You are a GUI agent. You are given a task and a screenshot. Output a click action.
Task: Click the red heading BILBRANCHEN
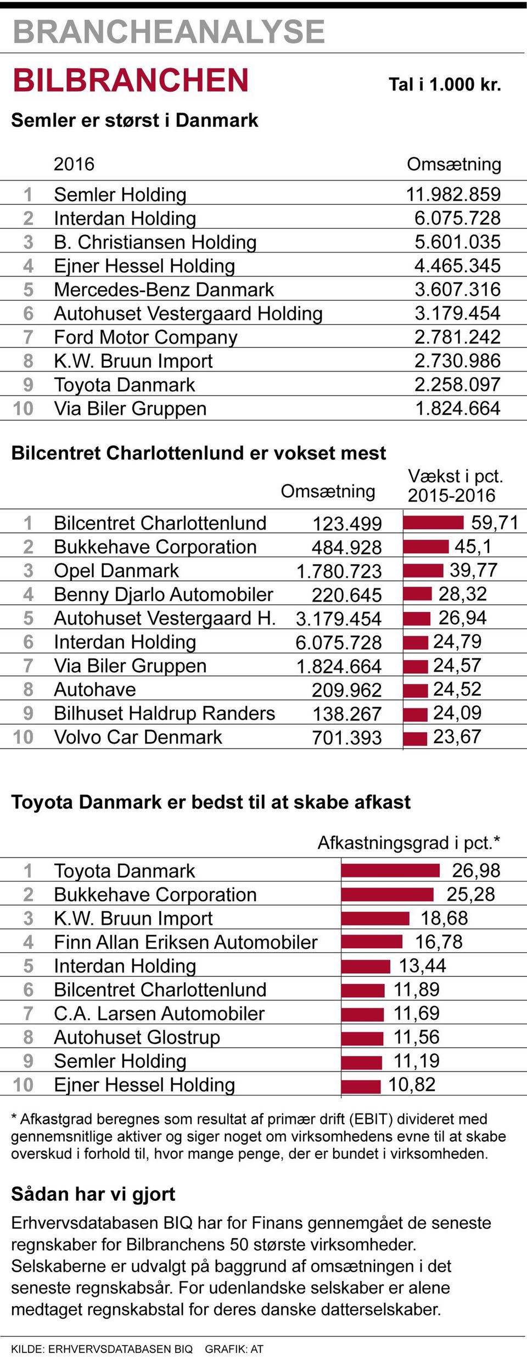(x=131, y=80)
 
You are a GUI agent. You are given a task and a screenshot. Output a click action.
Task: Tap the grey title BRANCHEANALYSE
(x=169, y=31)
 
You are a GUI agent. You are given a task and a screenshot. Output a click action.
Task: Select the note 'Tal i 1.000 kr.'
(x=445, y=85)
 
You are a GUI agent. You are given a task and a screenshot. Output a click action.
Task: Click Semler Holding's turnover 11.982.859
(x=453, y=194)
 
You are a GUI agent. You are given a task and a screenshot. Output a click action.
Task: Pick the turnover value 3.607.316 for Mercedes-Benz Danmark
(x=457, y=289)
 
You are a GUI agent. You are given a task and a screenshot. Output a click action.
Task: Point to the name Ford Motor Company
(x=145, y=337)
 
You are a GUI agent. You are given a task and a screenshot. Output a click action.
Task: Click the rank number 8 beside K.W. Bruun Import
(x=29, y=361)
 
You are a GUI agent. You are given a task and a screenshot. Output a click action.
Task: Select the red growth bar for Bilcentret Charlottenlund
(x=434, y=522)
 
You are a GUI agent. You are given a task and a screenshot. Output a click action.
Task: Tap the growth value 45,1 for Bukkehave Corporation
(x=473, y=547)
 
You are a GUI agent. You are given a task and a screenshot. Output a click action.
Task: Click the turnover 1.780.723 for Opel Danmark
(x=339, y=571)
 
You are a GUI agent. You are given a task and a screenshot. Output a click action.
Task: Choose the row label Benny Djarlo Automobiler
(x=164, y=594)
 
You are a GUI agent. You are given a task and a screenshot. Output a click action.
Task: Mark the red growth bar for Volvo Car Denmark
(x=415, y=738)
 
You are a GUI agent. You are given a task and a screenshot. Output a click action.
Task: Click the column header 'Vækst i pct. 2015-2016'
(x=455, y=486)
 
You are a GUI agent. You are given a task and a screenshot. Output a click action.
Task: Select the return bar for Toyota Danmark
(x=390, y=870)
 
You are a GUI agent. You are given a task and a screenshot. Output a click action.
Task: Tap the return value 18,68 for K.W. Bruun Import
(x=444, y=918)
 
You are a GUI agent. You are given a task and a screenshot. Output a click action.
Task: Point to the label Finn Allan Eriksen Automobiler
(x=186, y=942)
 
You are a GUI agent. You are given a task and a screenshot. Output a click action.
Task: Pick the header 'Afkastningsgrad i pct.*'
(x=408, y=843)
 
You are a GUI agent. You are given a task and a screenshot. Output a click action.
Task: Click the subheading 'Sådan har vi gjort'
(x=93, y=1194)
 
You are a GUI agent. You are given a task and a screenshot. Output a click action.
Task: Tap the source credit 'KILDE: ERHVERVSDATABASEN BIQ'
(x=102, y=1349)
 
